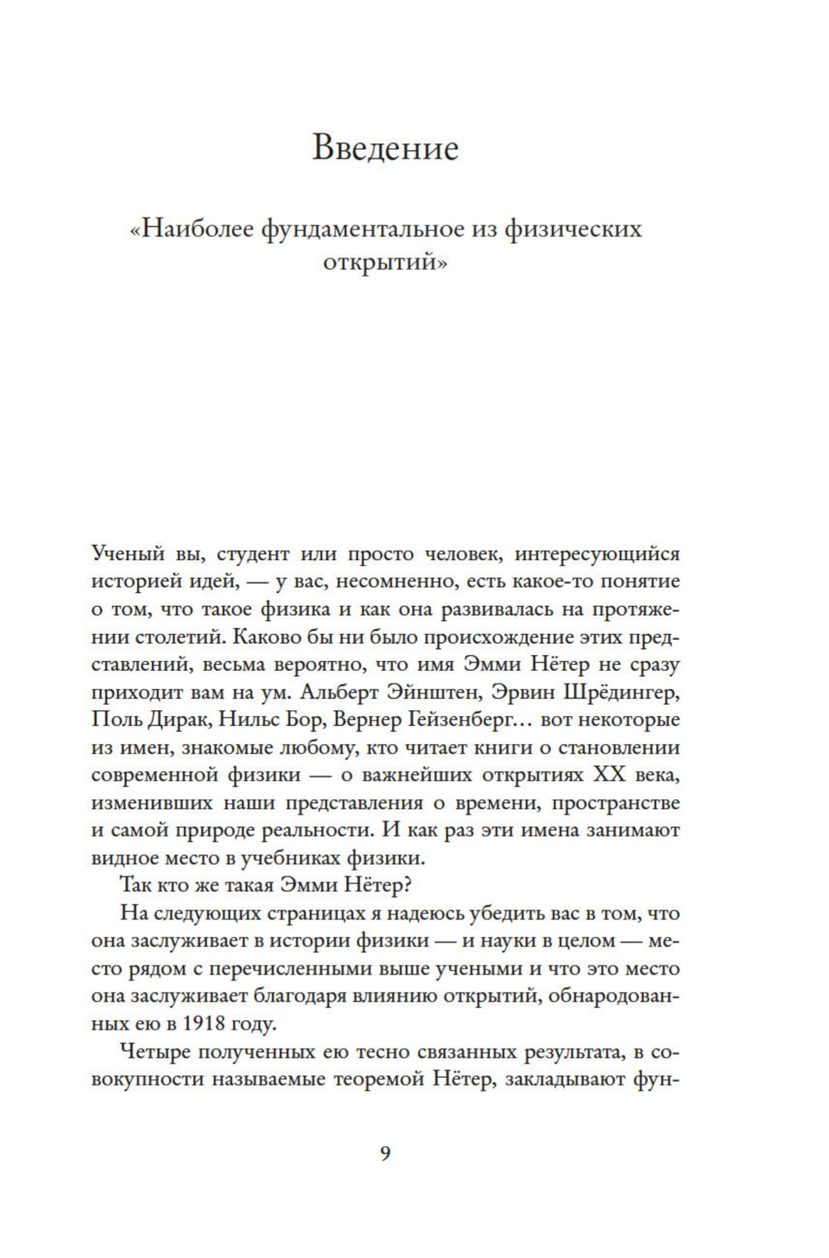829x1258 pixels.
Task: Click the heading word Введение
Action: tap(385, 148)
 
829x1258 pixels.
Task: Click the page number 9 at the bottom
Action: tap(385, 1153)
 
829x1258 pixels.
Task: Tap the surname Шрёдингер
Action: tap(622, 691)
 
